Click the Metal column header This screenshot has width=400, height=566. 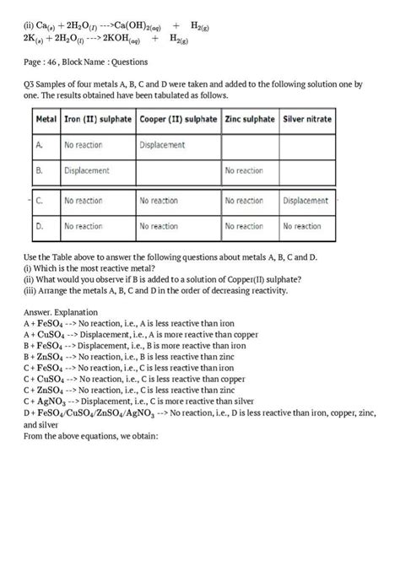point(46,120)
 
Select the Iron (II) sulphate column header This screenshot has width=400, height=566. point(97,120)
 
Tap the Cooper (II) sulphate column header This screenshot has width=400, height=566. point(178,120)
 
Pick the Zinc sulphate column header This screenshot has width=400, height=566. point(251,120)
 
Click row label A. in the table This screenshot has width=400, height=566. point(41,145)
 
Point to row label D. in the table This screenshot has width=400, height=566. point(41,226)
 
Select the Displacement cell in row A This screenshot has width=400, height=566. point(161,145)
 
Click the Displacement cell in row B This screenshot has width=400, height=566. point(87,170)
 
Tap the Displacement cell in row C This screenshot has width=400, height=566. point(305,201)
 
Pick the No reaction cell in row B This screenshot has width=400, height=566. point(244,170)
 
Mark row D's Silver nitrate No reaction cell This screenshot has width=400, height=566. point(302,226)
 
